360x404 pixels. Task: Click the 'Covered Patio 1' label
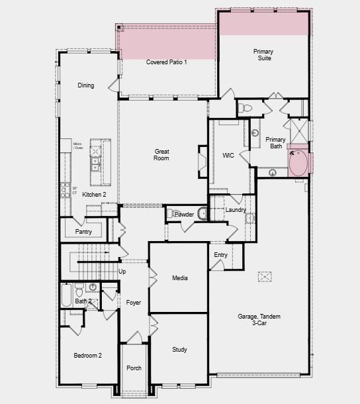click(x=167, y=62)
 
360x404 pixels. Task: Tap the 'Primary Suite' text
click(x=263, y=54)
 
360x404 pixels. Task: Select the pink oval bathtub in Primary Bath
click(x=298, y=164)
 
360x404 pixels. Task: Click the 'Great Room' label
click(x=161, y=154)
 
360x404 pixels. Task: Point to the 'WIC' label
click(x=228, y=156)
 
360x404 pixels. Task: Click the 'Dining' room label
click(x=86, y=85)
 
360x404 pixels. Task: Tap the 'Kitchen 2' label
click(x=94, y=194)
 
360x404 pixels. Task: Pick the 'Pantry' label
click(x=83, y=232)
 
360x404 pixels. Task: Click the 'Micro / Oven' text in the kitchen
click(x=77, y=146)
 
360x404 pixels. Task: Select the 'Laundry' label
click(x=236, y=210)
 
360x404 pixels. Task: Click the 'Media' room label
click(x=180, y=278)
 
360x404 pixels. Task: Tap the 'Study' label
click(x=179, y=350)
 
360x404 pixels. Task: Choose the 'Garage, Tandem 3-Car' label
click(x=259, y=320)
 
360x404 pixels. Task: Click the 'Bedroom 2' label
click(x=87, y=356)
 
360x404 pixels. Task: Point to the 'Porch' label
click(x=134, y=368)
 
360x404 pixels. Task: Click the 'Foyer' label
click(x=134, y=303)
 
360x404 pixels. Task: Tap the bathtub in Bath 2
click(x=66, y=295)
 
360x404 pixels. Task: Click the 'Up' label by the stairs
click(x=122, y=272)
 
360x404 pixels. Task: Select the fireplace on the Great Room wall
click(x=203, y=162)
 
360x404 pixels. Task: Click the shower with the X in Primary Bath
click(x=297, y=128)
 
